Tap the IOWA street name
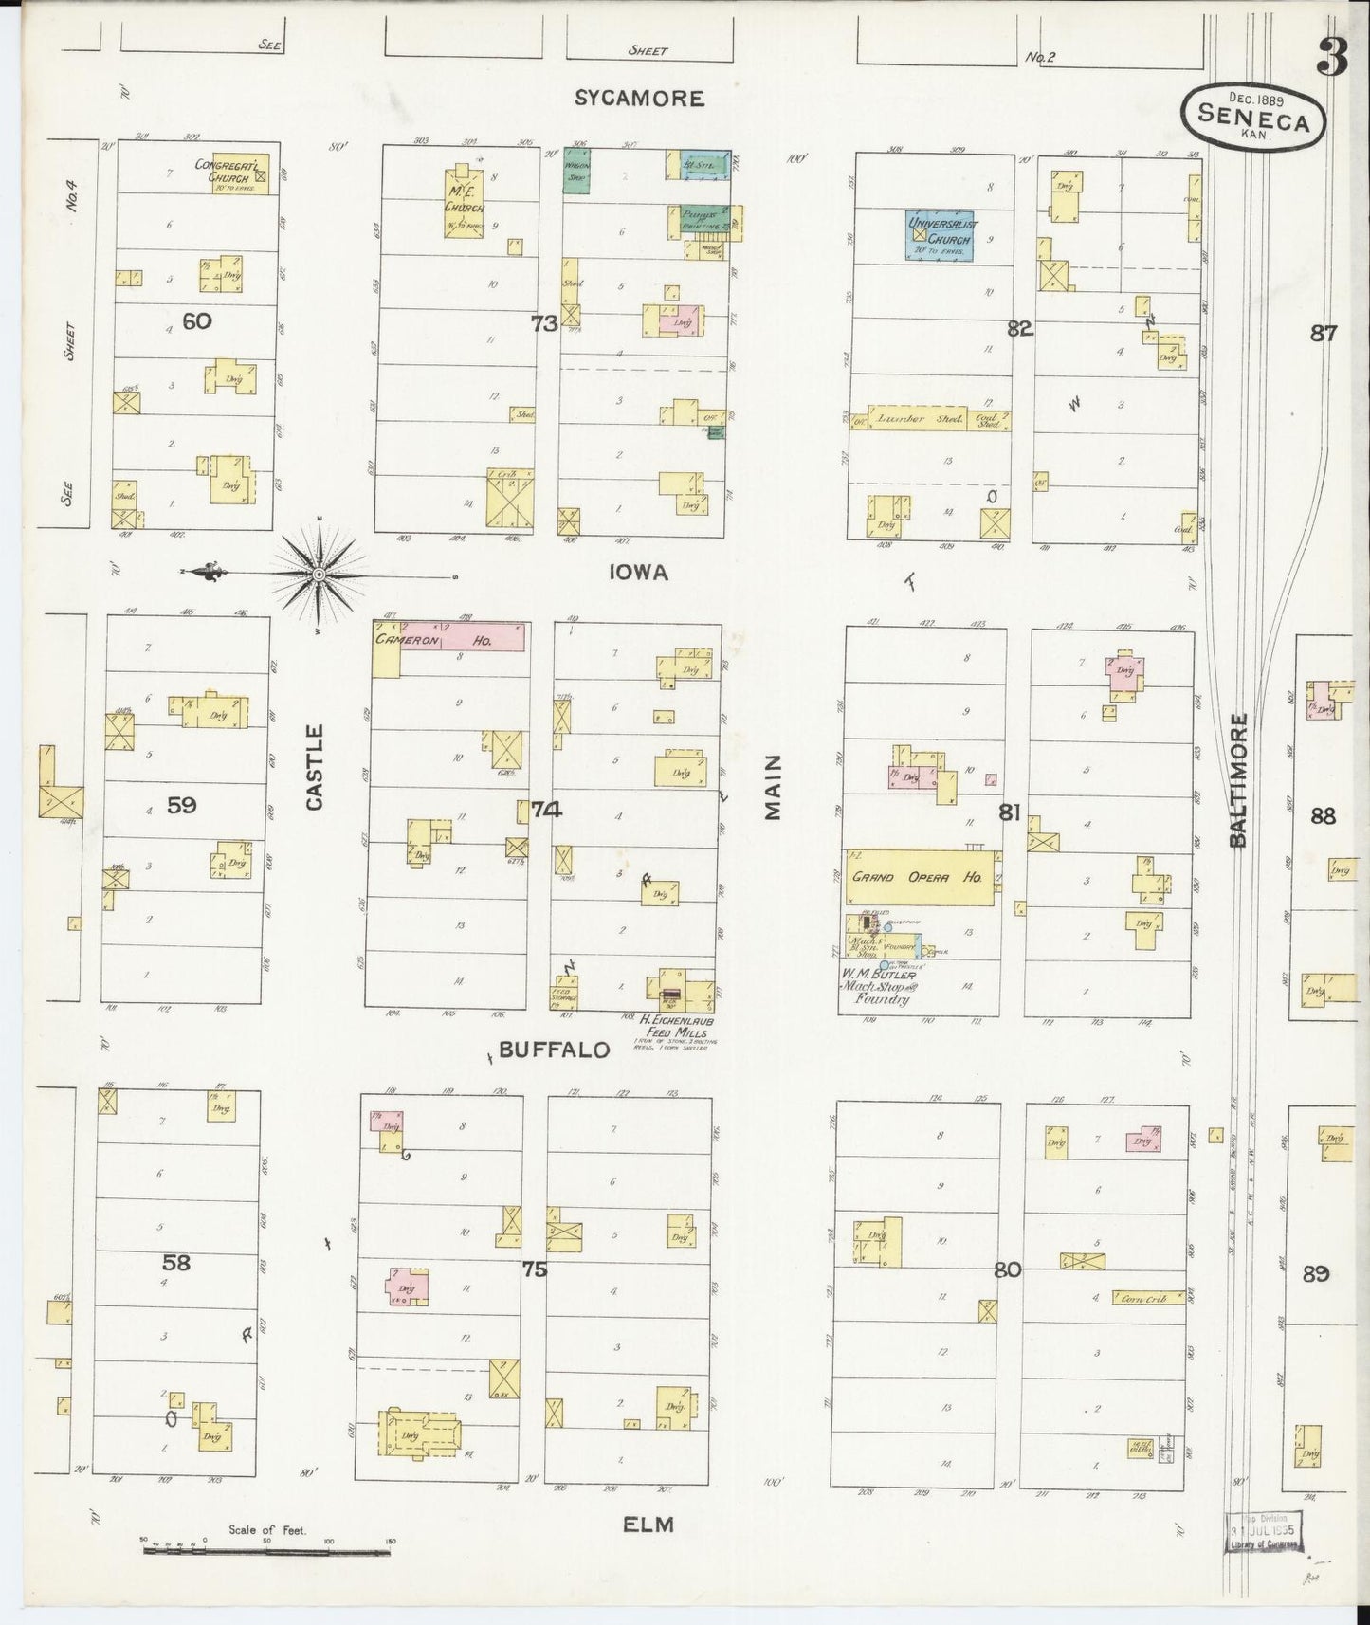click(x=639, y=572)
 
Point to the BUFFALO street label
click(x=553, y=1050)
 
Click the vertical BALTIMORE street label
click(x=1237, y=780)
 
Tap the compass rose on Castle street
click(x=320, y=574)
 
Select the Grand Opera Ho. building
click(x=920, y=877)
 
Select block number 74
click(x=546, y=810)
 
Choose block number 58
click(x=176, y=1262)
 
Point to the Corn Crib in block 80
click(x=1147, y=1297)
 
